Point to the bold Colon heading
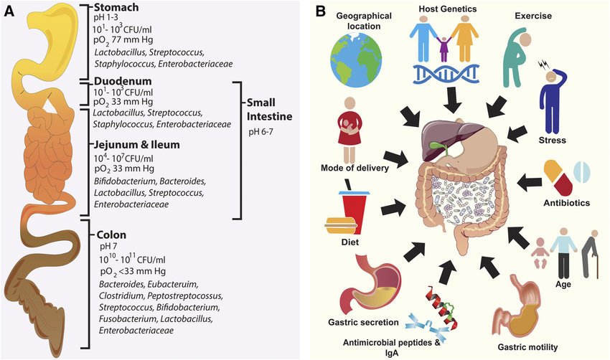click(x=109, y=235)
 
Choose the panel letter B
click(x=322, y=12)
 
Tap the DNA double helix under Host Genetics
click(x=446, y=72)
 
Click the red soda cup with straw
click(x=353, y=209)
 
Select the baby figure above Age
click(x=538, y=256)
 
